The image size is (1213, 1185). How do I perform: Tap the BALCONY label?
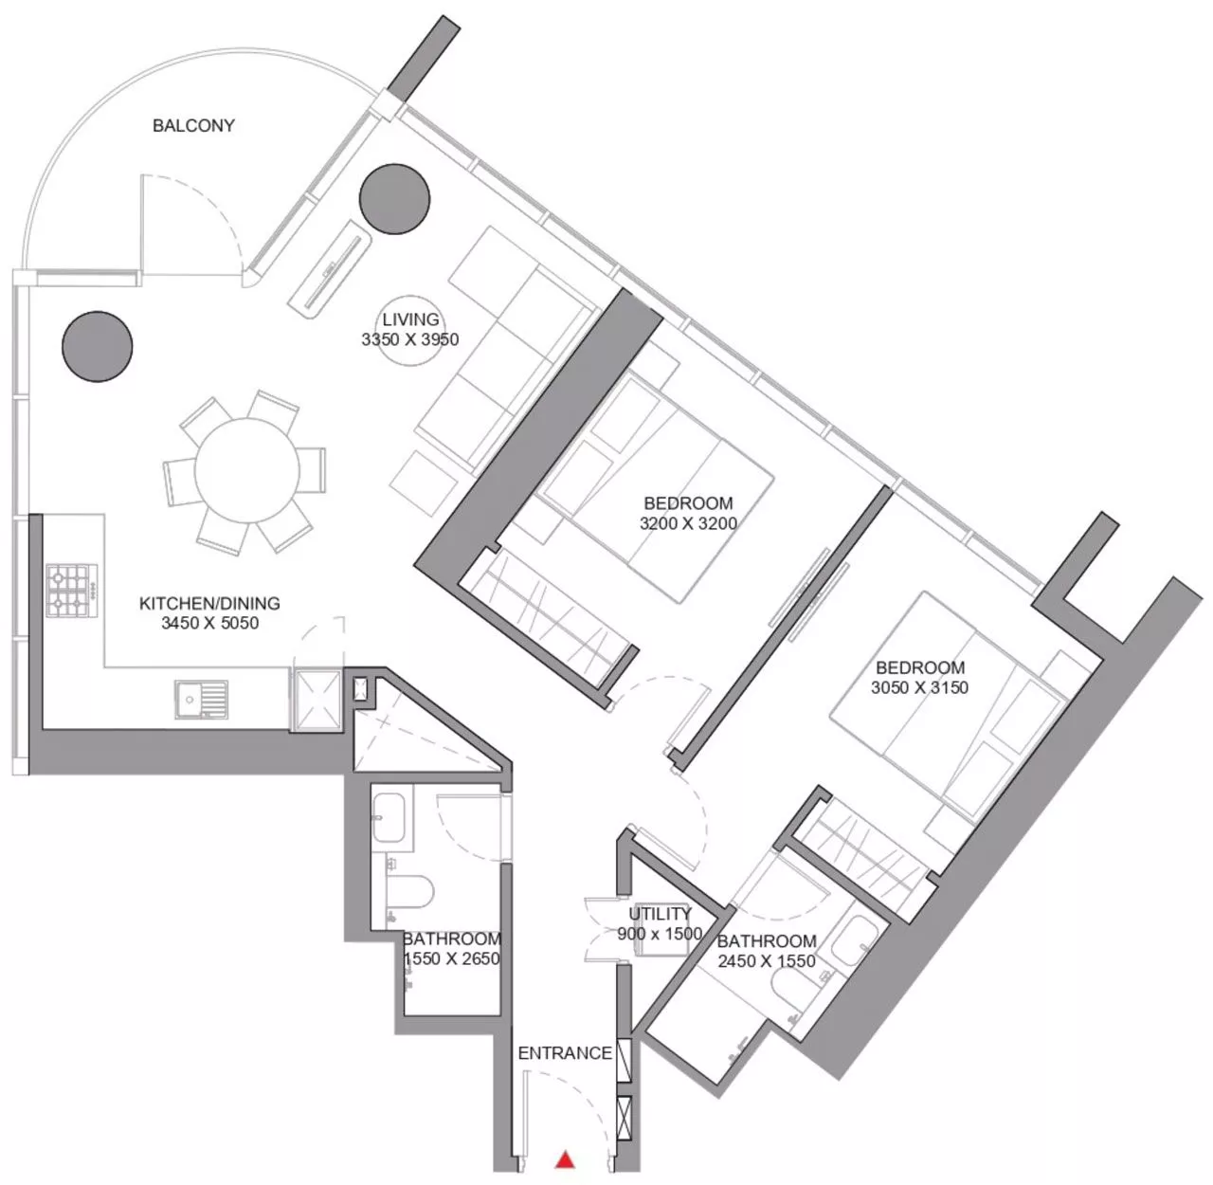click(193, 126)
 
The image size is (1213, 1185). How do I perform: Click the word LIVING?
click(410, 320)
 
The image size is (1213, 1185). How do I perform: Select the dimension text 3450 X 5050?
click(210, 623)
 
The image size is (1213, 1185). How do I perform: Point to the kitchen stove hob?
click(72, 590)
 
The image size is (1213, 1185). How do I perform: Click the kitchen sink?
click(201, 700)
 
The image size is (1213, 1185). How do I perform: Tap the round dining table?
click(246, 471)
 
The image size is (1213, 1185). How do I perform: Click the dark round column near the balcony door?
click(394, 199)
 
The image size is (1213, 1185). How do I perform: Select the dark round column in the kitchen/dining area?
click(98, 346)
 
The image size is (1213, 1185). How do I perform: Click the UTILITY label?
click(661, 914)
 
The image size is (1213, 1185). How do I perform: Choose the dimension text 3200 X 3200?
click(688, 523)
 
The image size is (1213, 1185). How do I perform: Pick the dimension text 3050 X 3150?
click(919, 688)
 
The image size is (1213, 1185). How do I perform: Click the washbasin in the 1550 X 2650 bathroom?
click(390, 817)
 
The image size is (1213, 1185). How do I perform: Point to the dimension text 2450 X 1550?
click(766, 961)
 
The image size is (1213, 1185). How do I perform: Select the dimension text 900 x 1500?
click(660, 935)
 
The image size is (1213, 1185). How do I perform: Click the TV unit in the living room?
click(330, 271)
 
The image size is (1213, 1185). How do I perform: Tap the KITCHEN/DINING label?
click(209, 604)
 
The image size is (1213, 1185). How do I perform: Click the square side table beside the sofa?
click(425, 483)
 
